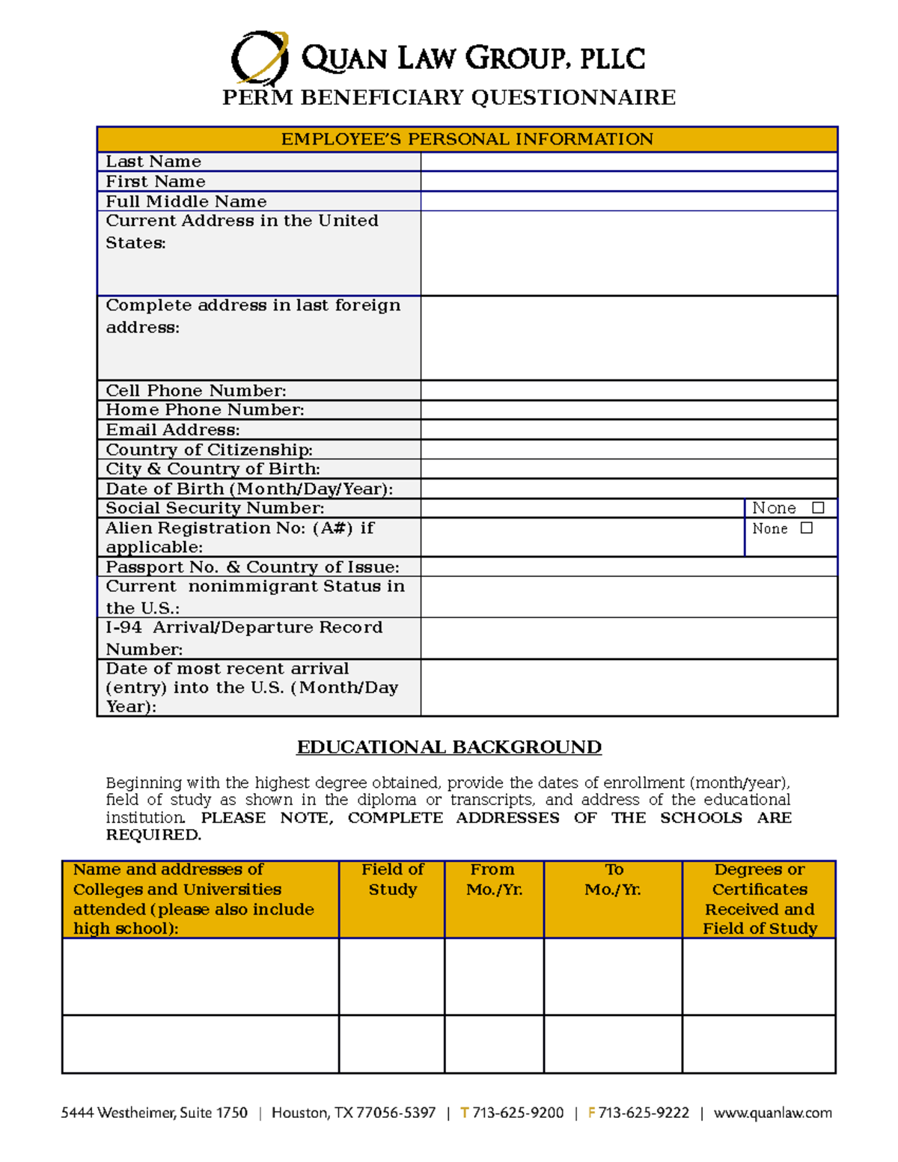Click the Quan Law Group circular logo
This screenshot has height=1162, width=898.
pos(260,57)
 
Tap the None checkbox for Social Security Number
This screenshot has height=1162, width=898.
pos(818,508)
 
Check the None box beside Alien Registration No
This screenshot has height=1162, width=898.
pos(806,528)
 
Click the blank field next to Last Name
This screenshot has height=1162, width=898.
pos(629,162)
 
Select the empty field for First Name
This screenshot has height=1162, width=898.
pos(629,182)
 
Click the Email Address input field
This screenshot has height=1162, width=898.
pos(629,429)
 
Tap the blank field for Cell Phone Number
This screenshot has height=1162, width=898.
pos(629,391)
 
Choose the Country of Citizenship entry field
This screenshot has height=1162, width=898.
pos(629,450)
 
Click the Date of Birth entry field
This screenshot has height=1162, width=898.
pos(629,489)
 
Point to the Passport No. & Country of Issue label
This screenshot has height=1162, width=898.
pos(252,567)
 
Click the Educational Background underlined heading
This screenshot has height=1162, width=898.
pos(449,747)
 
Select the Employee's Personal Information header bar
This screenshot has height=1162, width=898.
pos(467,139)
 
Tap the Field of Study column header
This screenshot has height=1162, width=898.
pos(392,880)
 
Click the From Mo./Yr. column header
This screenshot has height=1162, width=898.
pos(494,880)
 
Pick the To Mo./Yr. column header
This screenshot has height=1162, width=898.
pos(613,880)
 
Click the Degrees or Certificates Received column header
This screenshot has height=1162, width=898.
pos(759,899)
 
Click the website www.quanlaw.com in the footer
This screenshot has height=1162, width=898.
pos(772,1113)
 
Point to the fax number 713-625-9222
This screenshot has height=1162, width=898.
pos(644,1113)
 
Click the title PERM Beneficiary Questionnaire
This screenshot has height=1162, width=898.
pos(449,98)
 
